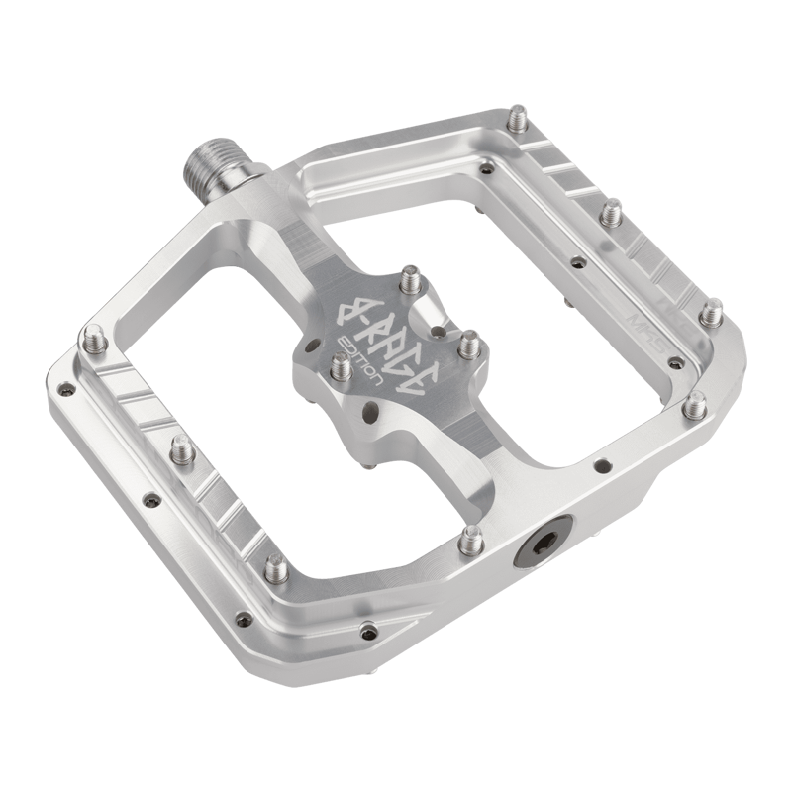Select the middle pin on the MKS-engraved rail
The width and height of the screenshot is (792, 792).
612,212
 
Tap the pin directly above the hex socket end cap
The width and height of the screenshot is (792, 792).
472,539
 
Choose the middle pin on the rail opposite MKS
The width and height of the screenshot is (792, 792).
180,450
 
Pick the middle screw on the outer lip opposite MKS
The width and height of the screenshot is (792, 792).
151,499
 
